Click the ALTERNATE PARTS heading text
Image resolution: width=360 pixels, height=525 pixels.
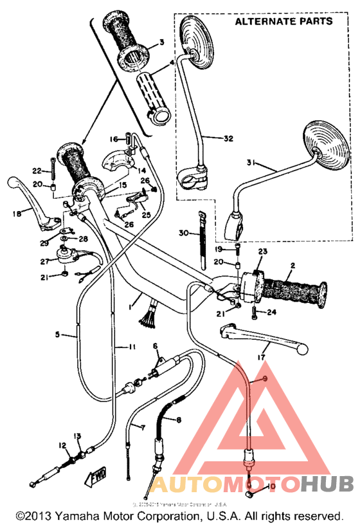(283, 21)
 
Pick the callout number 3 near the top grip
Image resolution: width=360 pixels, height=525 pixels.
(162, 42)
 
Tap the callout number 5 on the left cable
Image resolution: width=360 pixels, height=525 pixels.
(57, 335)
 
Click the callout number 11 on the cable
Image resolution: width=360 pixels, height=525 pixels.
(131, 347)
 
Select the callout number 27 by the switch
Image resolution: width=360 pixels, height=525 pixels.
(44, 262)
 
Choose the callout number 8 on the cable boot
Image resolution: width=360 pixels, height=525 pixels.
(177, 419)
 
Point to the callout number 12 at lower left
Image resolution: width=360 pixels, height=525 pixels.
(62, 445)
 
